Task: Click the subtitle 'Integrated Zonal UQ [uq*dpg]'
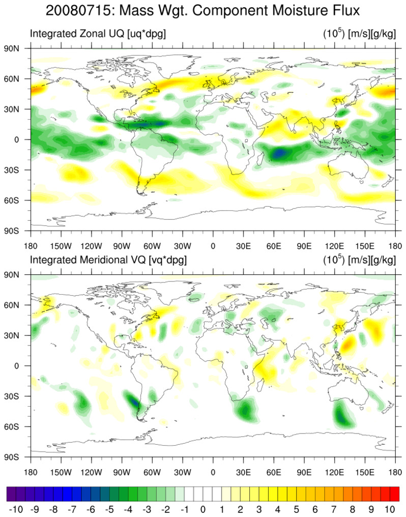(x=98, y=34)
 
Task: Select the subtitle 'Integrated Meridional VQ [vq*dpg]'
(x=108, y=260)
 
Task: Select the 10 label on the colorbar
(x=390, y=509)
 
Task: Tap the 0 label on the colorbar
(x=202, y=509)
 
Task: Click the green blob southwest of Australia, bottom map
(x=344, y=415)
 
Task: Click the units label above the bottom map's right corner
(x=359, y=260)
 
